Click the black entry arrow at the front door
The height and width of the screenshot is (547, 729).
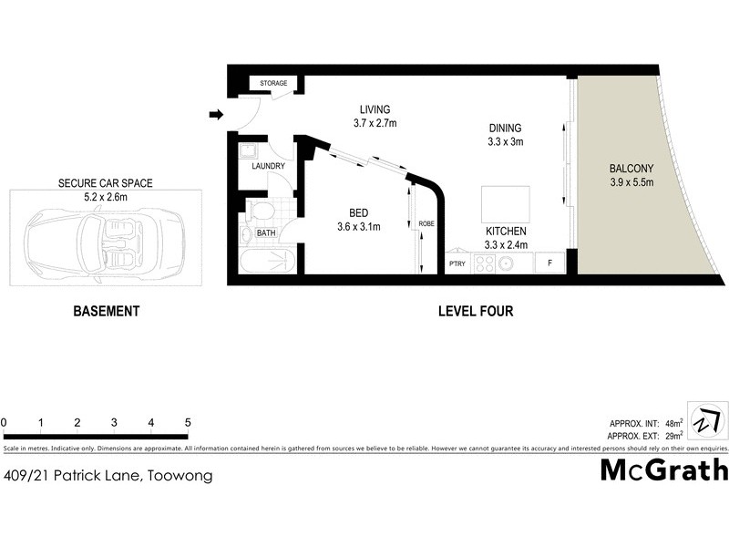point(216,114)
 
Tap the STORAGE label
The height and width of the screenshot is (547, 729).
point(273,84)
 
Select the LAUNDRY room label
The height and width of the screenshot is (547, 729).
point(268,166)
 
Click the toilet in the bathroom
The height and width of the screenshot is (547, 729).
point(262,213)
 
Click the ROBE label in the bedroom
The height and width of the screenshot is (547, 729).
point(426,224)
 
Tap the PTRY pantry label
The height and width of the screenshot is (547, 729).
point(457,264)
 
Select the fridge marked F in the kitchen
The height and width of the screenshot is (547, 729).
point(549,263)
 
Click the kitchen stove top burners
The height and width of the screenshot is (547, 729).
point(483,263)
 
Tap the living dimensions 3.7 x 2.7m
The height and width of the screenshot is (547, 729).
point(375,122)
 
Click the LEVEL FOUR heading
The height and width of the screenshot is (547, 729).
point(476,312)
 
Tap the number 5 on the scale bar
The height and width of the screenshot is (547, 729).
point(187,423)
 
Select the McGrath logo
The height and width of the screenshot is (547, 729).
point(664,470)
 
